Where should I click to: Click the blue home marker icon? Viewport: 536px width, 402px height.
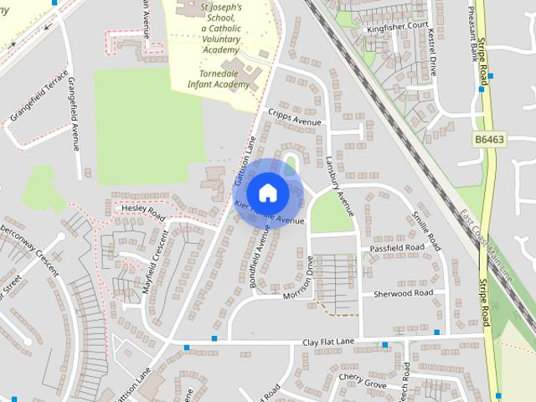267,193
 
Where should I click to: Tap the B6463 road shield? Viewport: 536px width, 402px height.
489,139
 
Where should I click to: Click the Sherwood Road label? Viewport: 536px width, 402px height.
403,293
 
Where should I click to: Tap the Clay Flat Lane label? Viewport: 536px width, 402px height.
329,343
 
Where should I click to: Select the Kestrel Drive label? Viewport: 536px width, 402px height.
432,50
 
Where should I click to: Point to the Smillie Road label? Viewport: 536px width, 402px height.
425,231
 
